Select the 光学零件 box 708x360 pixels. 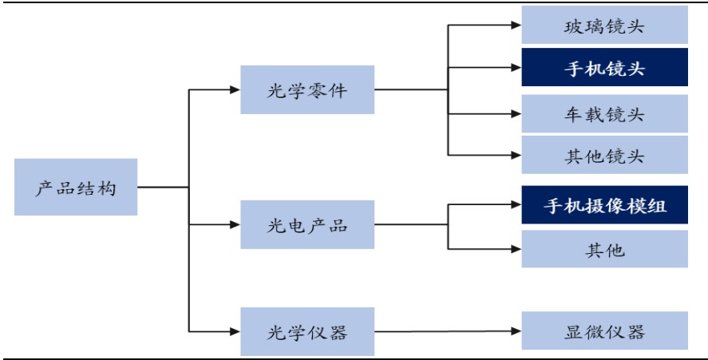[307, 89]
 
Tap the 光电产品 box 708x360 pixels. [307, 227]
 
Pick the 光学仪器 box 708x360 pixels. [307, 330]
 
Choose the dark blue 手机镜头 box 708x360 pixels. [604, 67]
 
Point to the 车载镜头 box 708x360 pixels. [604, 113]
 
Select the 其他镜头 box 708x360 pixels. [604, 155]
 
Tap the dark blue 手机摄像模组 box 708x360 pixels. [604, 205]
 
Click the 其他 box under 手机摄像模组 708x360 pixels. [604, 249]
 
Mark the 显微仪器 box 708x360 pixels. [604, 330]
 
